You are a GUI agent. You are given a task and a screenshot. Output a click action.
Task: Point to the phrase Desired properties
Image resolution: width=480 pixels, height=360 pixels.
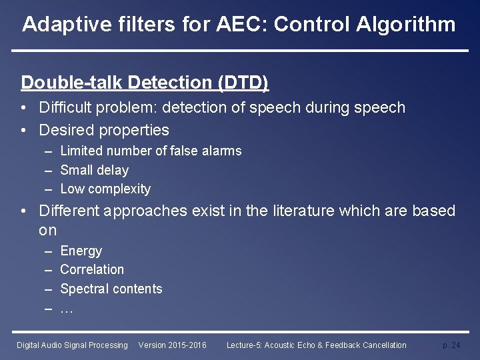coord(104,129)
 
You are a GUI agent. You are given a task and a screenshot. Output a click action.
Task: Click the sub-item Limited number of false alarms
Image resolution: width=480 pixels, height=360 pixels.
coord(151,151)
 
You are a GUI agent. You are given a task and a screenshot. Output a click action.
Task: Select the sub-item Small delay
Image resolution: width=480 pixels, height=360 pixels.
coord(94,170)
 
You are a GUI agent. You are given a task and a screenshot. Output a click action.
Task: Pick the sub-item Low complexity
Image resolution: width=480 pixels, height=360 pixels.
coord(105,189)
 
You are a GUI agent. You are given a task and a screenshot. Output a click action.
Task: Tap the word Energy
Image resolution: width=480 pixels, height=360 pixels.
coord(81,251)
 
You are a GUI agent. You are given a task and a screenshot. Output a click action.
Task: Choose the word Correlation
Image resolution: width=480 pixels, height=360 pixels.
coord(92,270)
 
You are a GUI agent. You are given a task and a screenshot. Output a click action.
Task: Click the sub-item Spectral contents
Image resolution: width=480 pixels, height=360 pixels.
coord(111,289)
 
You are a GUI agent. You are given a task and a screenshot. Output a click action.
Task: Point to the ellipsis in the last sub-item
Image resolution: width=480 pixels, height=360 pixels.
coord(66,309)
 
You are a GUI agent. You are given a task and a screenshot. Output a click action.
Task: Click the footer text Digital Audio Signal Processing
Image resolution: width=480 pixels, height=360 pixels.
coord(72,345)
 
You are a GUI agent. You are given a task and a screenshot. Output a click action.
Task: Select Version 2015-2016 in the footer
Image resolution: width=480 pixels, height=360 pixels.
coord(172,345)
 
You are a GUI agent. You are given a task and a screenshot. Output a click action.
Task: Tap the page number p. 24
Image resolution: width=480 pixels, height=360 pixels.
coord(451,345)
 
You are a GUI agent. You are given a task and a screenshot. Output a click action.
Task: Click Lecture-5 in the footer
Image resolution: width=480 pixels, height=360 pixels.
coord(245,345)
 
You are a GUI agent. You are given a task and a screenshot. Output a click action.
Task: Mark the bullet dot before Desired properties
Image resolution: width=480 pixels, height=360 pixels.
coord(23,130)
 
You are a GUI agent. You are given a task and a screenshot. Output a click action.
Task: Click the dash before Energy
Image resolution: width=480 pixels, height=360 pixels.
coord(48,251)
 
